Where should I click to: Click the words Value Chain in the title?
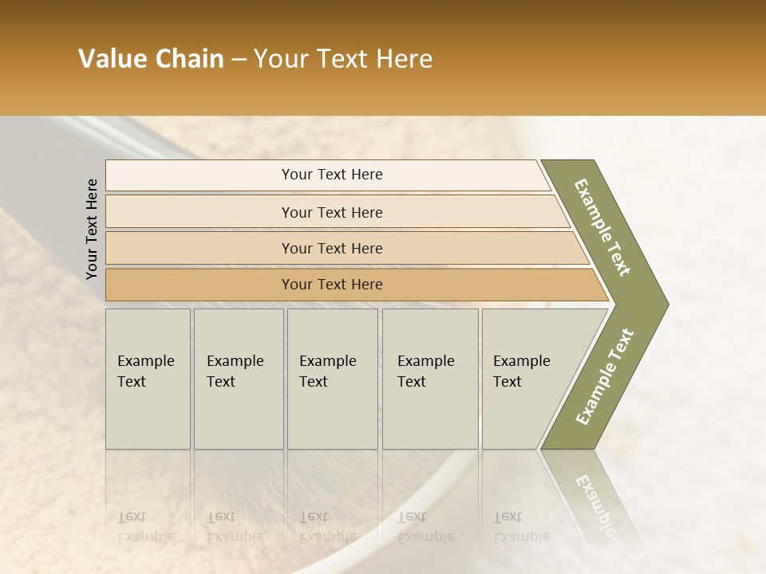pos(151,59)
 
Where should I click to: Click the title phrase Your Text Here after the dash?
pos(343,59)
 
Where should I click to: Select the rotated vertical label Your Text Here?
pos(92,230)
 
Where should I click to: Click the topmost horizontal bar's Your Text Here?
pos(332,175)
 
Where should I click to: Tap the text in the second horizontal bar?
pos(332,212)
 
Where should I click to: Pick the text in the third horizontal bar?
pos(332,248)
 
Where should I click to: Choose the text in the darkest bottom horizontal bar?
pos(332,285)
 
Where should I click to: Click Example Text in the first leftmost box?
pos(145,372)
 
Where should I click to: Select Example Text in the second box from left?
pos(235,372)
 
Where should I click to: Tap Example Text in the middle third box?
pos(327,372)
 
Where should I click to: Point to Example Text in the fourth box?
pos(425,372)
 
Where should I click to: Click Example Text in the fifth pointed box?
pos(521,372)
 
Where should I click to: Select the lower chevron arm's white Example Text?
pos(605,377)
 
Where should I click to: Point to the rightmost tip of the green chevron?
pos(668,304)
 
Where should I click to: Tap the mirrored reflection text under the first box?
pos(145,527)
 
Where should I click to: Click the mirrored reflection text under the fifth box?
pos(521,527)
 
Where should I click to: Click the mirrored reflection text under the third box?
pos(327,527)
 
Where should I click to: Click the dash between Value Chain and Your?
pos(239,60)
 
